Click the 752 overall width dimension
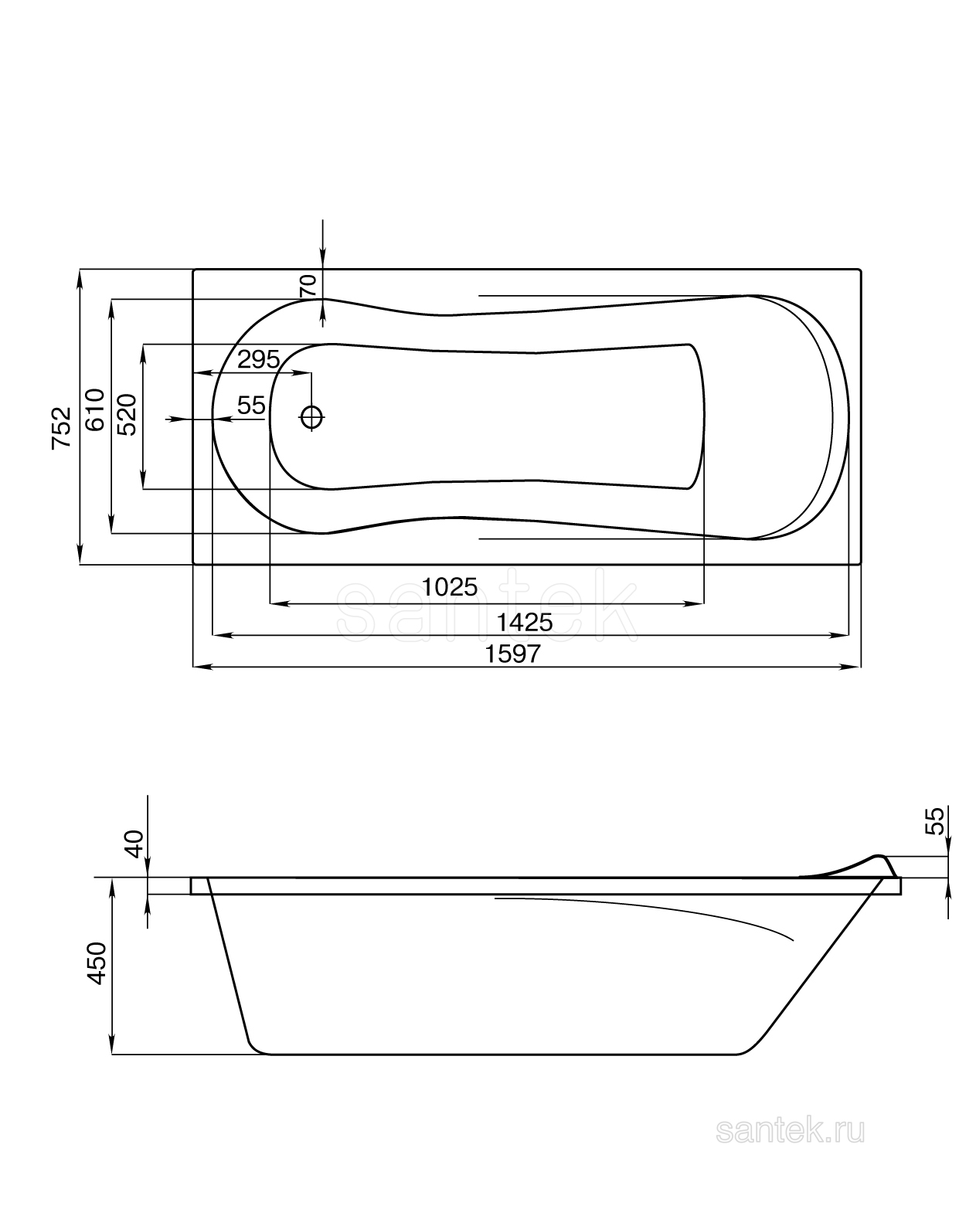(x=61, y=428)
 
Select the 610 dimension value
(x=95, y=409)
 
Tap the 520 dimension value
(x=127, y=414)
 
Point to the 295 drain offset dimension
(x=258, y=359)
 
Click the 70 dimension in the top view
(x=308, y=286)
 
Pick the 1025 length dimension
(x=450, y=587)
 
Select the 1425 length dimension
(x=525, y=623)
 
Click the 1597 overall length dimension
(x=512, y=654)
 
